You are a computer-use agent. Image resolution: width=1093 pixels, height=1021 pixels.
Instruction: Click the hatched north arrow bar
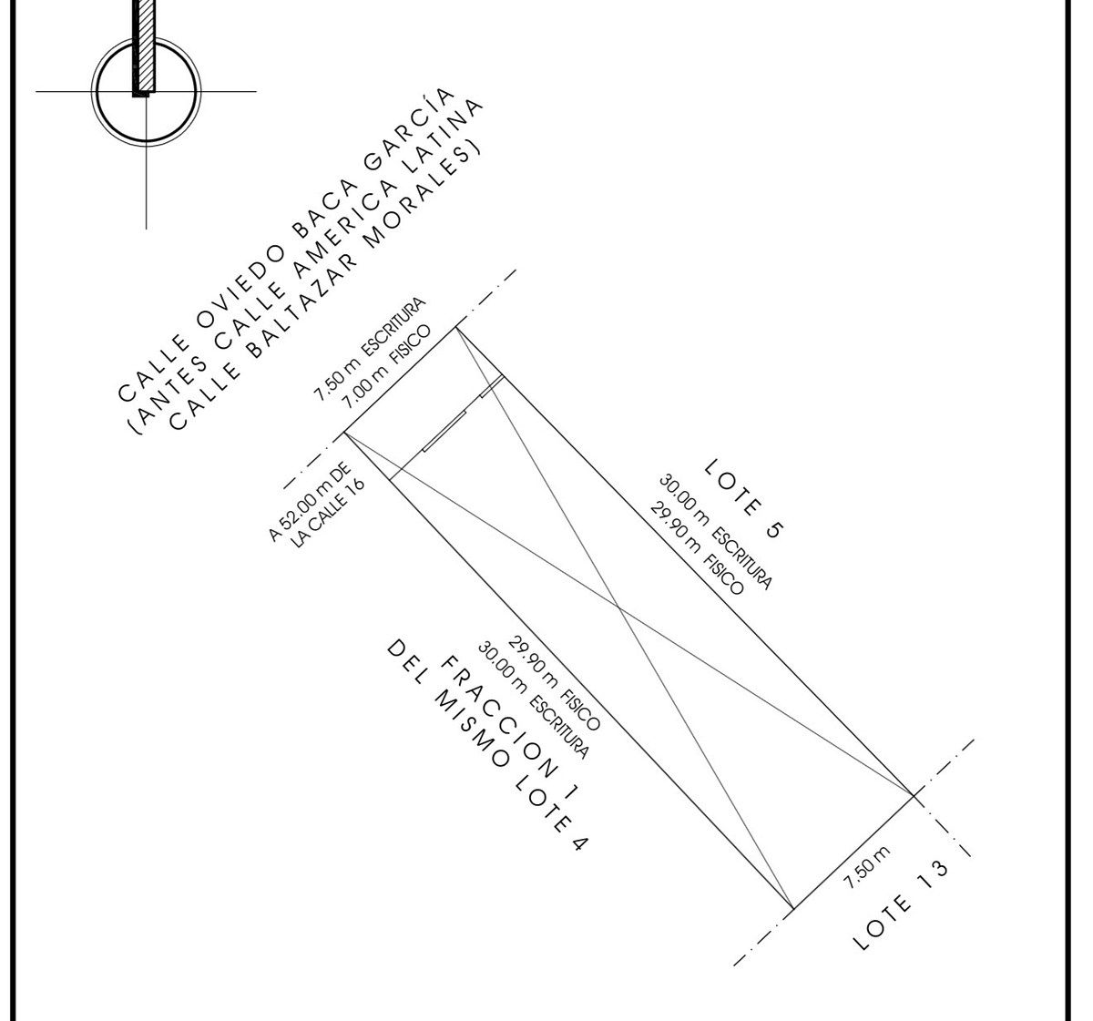[x=144, y=46]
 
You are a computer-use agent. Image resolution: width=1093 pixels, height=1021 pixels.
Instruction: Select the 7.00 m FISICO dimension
[x=386, y=368]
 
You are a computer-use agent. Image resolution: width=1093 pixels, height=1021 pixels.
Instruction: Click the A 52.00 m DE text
[x=310, y=500]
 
